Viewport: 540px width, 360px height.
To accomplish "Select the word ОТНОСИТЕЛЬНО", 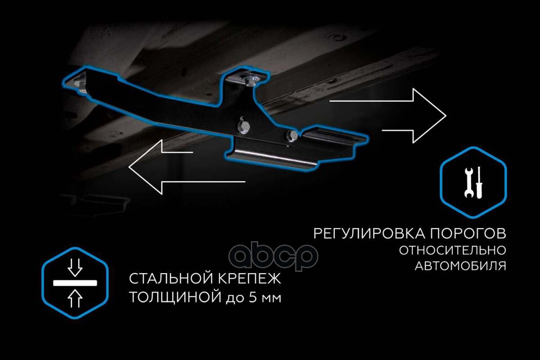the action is (452, 250).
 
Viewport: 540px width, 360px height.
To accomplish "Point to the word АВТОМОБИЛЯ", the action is (460, 266).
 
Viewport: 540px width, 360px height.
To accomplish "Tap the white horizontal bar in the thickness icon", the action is (75, 283).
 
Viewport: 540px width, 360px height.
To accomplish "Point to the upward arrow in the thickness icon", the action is (75, 298).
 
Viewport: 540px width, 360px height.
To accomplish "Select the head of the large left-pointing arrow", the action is (144, 166).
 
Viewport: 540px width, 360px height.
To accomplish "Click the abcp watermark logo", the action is (273, 256).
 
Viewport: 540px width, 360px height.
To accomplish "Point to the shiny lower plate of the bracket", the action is (274, 157).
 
